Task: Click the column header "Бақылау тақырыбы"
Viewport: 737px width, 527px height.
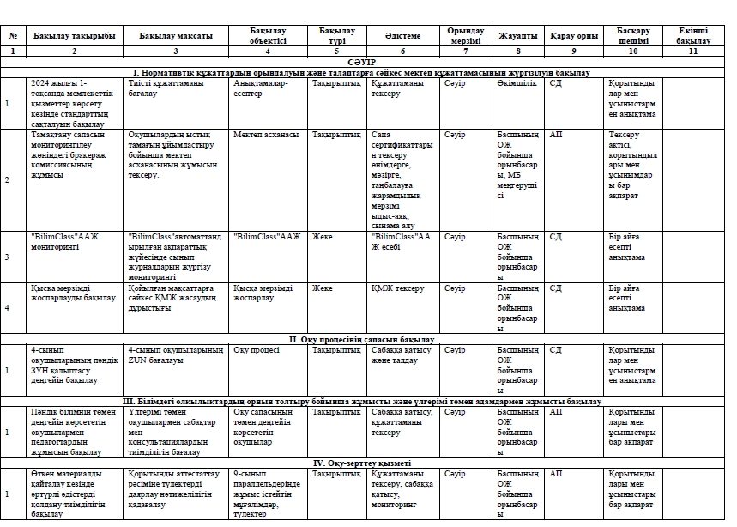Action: tap(74, 36)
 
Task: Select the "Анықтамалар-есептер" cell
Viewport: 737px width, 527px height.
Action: tap(261, 88)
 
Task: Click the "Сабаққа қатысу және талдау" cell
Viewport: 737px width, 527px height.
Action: tap(399, 355)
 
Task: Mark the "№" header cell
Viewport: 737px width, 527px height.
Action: tap(13, 36)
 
